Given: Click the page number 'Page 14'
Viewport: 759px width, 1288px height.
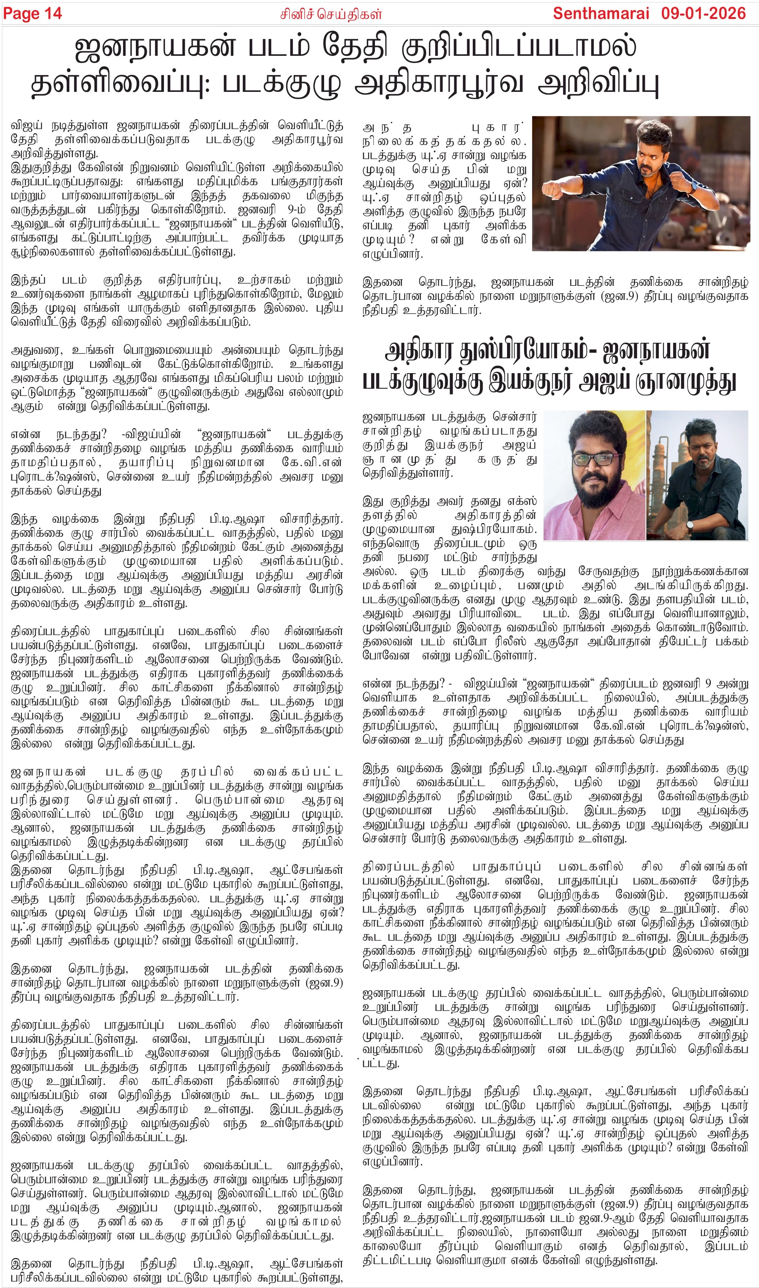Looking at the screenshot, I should point(32,13).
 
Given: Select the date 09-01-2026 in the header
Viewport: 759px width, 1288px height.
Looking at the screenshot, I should point(703,13).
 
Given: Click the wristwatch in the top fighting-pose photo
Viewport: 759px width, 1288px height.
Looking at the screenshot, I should point(694,186).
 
